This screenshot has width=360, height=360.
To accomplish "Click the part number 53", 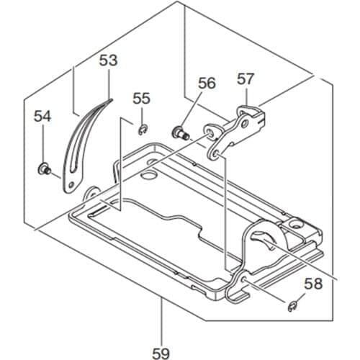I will (x=107, y=61).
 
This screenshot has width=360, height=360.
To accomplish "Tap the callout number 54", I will (x=42, y=115).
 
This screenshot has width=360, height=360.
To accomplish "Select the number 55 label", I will (x=142, y=99).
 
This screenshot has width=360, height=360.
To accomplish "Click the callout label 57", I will (x=246, y=79).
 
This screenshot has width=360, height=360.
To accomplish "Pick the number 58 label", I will (x=313, y=284).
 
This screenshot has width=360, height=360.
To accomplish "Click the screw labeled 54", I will (x=44, y=169).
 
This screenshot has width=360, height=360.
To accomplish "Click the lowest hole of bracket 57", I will (x=214, y=153).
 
